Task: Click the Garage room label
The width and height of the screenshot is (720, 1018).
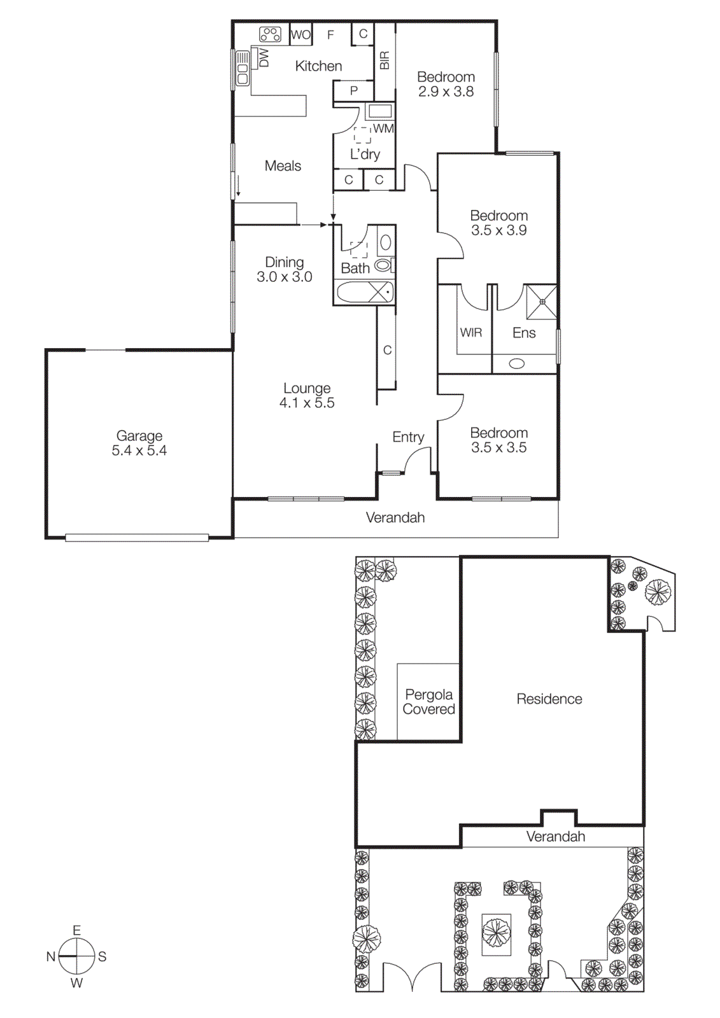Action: click(139, 436)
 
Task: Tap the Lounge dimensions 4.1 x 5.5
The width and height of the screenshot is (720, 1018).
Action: click(307, 403)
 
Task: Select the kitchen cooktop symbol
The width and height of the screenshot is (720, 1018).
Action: click(270, 34)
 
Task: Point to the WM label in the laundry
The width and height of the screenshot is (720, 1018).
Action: click(383, 129)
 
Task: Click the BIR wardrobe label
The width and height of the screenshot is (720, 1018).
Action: click(385, 60)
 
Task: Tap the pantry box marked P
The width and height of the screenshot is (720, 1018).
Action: click(353, 91)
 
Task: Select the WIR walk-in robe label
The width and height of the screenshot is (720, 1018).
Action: click(471, 333)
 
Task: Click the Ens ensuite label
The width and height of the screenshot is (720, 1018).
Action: click(524, 333)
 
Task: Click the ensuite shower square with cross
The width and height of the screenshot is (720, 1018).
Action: click(542, 302)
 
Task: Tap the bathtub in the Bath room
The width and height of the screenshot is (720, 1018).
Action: click(364, 293)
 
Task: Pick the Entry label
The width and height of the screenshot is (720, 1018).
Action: click(408, 437)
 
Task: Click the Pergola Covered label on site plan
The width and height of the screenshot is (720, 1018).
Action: click(429, 702)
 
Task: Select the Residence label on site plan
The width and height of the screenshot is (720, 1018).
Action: click(549, 699)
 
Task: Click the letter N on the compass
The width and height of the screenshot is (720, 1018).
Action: click(51, 956)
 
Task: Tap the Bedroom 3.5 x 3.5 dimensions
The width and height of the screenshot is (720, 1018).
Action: click(498, 447)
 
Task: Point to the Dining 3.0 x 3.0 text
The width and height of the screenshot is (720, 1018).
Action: click(284, 269)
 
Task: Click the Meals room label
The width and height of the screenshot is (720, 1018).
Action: click(283, 166)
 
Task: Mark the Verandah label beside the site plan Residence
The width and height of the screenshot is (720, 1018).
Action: click(555, 837)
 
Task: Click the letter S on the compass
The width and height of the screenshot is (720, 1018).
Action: click(102, 956)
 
